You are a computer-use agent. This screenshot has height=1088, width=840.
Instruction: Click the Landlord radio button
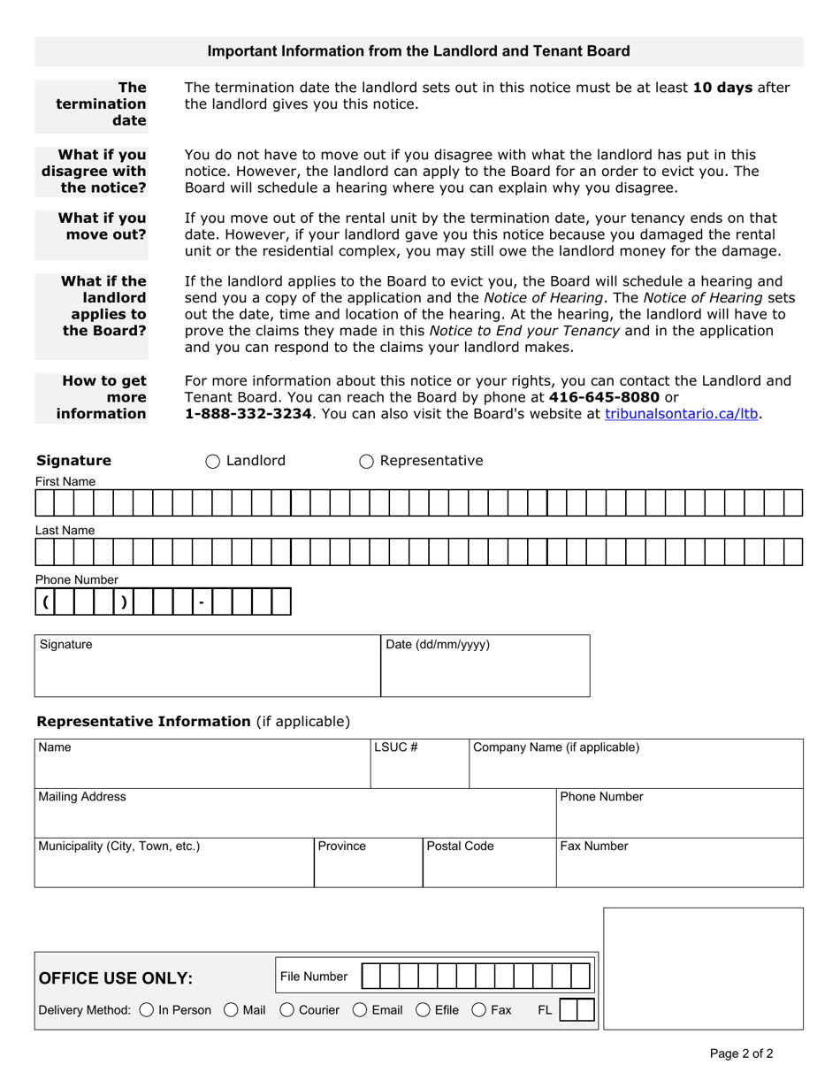click(x=213, y=461)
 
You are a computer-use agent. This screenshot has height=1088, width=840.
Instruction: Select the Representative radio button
click(x=366, y=461)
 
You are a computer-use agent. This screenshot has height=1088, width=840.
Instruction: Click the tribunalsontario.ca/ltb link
click(x=682, y=413)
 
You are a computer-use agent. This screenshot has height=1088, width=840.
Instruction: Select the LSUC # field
click(x=419, y=768)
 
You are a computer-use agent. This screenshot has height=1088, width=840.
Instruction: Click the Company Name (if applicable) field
click(x=635, y=768)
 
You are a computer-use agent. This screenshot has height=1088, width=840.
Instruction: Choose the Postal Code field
click(x=489, y=867)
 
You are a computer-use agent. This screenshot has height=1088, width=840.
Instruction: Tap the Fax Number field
click(x=679, y=867)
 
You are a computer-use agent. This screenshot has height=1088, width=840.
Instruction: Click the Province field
click(x=368, y=867)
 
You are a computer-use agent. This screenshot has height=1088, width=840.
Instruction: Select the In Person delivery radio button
click(x=147, y=1009)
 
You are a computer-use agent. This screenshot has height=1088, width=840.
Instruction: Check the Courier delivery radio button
click(x=286, y=1009)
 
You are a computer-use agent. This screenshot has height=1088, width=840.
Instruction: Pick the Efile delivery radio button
click(x=423, y=1009)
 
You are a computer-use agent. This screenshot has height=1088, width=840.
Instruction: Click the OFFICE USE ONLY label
click(x=115, y=977)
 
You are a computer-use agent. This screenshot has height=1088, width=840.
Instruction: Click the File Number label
click(x=314, y=977)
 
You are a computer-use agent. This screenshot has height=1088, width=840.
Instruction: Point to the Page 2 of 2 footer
click(x=741, y=1054)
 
